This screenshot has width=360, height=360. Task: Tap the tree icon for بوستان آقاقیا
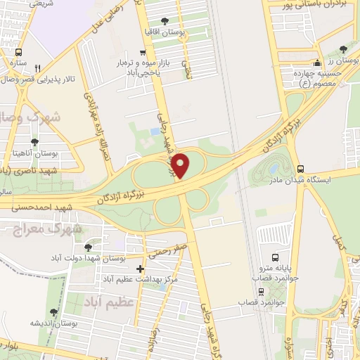(165, 21)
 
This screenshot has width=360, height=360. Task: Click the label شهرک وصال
(28, 115)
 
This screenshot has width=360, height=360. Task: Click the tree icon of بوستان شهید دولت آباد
(87, 247)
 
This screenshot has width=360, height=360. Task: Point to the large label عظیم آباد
(116, 302)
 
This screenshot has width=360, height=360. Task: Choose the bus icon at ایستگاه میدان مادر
(301, 169)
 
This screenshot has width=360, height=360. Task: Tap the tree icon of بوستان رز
(342, 49)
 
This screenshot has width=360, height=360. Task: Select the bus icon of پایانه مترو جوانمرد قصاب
(275, 257)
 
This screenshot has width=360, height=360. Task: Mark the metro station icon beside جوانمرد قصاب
(262, 291)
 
